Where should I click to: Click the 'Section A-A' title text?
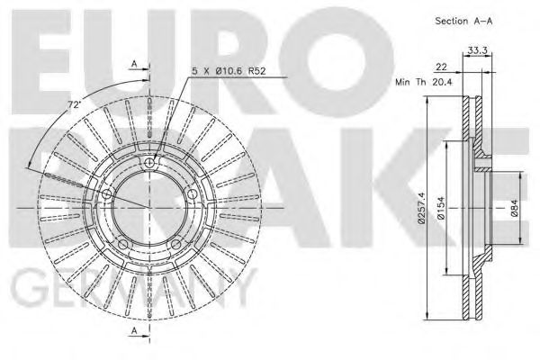(x=463, y=21)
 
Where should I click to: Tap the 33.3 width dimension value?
(x=477, y=50)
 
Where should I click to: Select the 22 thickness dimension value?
(x=441, y=67)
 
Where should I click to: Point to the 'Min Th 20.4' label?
(x=424, y=82)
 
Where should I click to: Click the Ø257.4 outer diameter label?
(x=421, y=209)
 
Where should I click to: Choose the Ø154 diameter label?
(x=441, y=208)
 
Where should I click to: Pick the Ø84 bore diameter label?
(x=514, y=208)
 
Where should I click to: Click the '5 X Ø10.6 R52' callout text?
(x=229, y=71)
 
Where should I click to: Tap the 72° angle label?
(x=73, y=105)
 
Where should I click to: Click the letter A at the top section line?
(x=135, y=64)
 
